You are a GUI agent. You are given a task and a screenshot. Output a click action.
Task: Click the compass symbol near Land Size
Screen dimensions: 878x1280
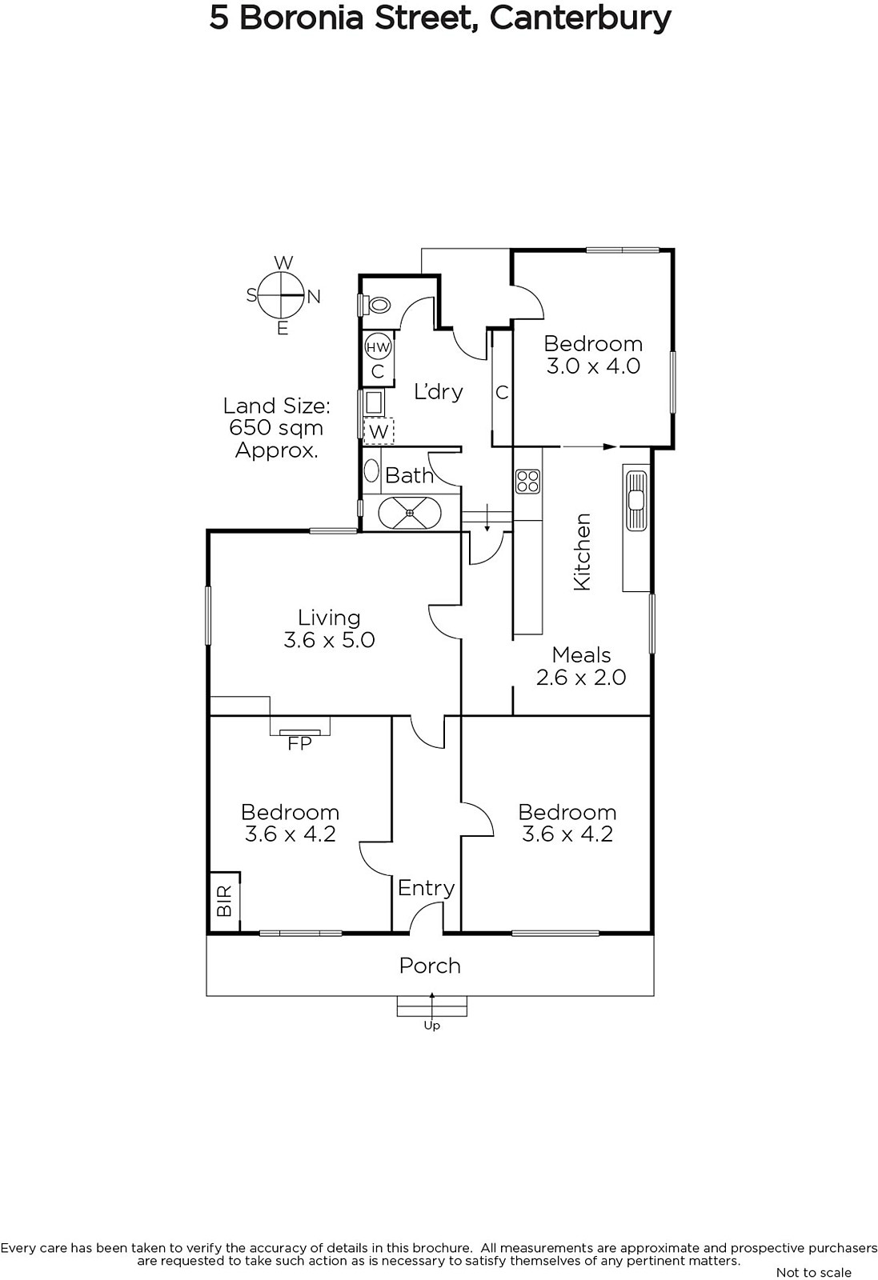(281, 295)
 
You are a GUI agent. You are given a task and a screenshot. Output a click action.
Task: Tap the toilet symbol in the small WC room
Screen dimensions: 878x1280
(378, 305)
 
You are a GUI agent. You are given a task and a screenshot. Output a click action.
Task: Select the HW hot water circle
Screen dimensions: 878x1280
(377, 347)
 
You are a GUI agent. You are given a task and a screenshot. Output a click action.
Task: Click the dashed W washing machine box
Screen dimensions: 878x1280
(379, 432)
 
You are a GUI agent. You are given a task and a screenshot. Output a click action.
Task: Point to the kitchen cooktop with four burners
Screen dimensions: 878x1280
(527, 481)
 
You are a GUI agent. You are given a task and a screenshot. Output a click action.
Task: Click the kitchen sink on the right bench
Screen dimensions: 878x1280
(635, 501)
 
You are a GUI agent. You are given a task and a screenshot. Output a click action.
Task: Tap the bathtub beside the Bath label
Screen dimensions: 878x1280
(410, 513)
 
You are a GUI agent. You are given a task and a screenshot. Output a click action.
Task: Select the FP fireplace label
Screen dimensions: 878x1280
(299, 743)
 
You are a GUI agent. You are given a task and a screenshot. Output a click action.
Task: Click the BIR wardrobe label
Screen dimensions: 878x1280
(225, 901)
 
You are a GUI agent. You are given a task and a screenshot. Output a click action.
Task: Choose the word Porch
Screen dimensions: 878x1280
(430, 965)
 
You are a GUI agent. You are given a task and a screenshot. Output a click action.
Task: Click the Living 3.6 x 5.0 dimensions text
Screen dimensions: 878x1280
(329, 639)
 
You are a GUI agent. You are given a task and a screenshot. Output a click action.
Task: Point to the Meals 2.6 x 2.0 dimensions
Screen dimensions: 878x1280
(581, 677)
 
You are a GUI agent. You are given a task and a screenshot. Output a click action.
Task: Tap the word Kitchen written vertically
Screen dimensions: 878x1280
(582, 551)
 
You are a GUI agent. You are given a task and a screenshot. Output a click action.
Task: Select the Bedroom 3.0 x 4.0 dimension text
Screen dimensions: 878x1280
(593, 366)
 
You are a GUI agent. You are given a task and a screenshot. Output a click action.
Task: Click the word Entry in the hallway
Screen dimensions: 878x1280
(427, 888)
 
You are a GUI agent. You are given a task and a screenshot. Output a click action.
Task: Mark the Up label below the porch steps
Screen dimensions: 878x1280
(432, 1026)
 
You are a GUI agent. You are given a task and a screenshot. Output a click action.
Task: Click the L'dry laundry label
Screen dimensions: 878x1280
(439, 391)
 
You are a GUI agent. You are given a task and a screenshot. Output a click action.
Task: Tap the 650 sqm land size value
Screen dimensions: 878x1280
(276, 428)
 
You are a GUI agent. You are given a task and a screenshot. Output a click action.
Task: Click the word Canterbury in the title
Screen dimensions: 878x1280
(580, 19)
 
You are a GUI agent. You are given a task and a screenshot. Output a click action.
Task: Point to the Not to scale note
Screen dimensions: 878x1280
(814, 1272)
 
